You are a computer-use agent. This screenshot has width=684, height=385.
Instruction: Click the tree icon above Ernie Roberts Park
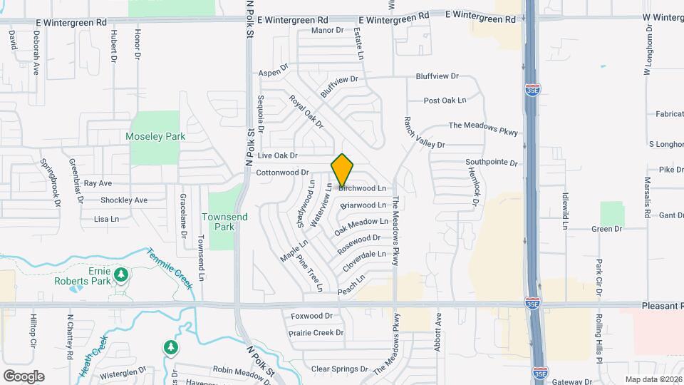121,274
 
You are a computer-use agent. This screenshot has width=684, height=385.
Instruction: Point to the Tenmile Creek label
170,268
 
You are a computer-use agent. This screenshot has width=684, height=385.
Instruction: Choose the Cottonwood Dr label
281,173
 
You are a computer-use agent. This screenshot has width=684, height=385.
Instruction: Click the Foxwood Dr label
312,315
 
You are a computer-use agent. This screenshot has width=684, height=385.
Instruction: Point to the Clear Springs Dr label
339,369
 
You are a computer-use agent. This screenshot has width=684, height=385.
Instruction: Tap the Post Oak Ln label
445,101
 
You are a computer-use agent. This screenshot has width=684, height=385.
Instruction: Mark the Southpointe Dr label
491,163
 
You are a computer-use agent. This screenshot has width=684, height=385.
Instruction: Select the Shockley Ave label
123,200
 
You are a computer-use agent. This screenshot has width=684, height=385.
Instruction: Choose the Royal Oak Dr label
306,112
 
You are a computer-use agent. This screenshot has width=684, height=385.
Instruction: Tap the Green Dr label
607,229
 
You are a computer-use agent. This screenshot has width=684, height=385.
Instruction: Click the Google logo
24,376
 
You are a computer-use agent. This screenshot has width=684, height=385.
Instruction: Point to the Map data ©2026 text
653,379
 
